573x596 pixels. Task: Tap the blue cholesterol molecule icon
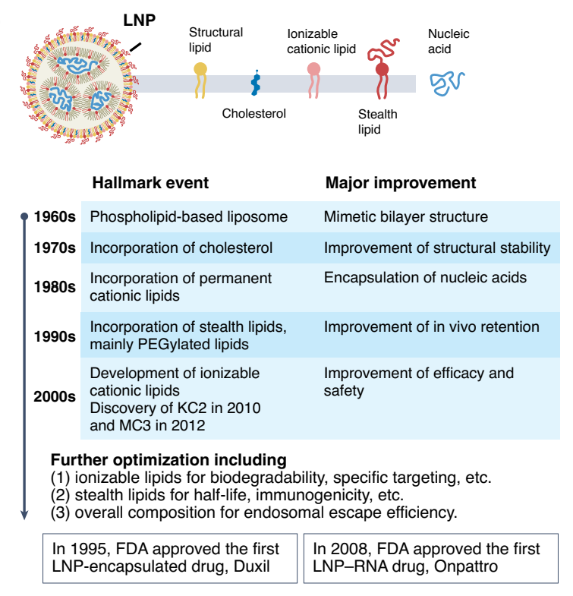point(257,83)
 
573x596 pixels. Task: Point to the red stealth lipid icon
point(383,68)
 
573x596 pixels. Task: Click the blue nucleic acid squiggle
point(447,84)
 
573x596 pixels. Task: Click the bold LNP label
point(140,20)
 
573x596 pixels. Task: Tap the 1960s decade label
point(55,216)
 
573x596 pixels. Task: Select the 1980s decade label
point(55,287)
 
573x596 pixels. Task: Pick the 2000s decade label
point(55,396)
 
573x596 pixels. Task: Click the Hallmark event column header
point(150,183)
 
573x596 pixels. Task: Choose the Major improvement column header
point(401,183)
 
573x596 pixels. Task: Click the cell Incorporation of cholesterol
point(181,248)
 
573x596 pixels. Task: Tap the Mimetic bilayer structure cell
point(406,216)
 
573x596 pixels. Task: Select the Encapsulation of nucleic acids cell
point(425,277)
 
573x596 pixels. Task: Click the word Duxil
point(251,566)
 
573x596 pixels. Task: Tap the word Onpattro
point(466,566)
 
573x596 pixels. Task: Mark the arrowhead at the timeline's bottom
point(24,515)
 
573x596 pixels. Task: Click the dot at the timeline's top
point(24,216)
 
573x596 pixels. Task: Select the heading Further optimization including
point(168,460)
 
